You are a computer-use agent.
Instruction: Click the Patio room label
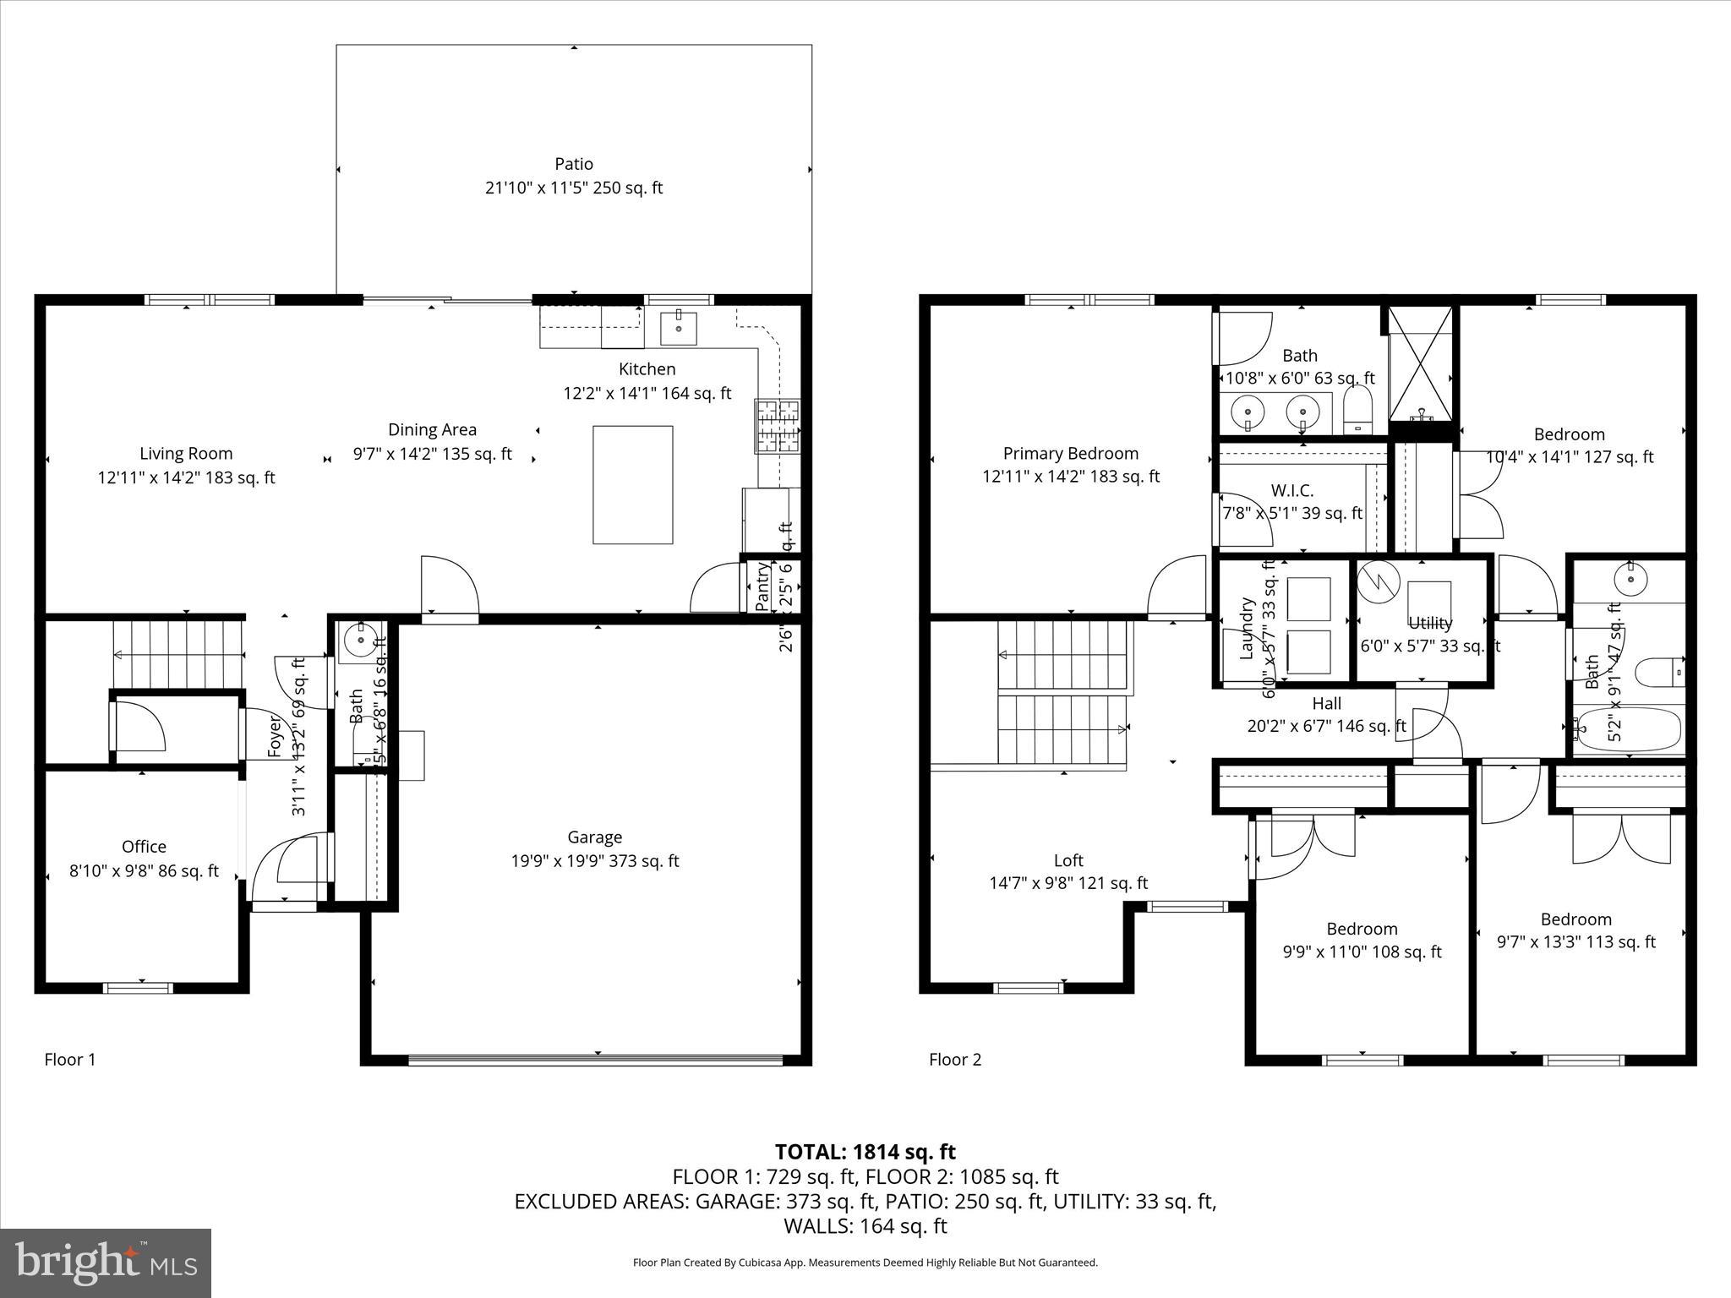[574, 164]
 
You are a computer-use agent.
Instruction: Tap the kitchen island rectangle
[632, 484]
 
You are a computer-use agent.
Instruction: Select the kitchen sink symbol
[679, 328]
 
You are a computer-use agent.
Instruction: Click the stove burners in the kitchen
[777, 425]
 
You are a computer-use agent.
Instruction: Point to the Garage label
[594, 837]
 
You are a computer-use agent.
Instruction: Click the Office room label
[144, 846]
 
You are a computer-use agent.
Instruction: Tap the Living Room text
[186, 454]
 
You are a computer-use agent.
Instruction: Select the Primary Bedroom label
[1070, 454]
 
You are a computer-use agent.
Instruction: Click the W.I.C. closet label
[1292, 491]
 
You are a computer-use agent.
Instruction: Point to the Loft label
[1068, 860]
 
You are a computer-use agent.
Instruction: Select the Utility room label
[1430, 623]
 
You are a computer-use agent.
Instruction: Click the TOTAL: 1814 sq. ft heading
[865, 1151]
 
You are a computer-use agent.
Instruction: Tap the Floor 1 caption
[70, 1059]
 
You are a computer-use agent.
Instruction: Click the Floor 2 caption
[955, 1059]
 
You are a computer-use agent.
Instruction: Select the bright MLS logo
[106, 1263]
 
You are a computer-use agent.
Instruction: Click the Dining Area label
[432, 429]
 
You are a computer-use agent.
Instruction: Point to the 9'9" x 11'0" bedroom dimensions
[1362, 952]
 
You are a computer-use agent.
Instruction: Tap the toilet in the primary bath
[1358, 412]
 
